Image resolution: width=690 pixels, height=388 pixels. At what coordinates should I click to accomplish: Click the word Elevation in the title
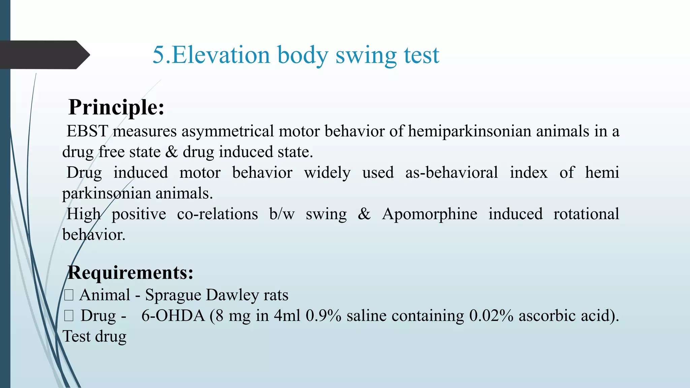221,55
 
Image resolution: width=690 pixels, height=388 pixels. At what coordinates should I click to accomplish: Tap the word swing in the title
366,56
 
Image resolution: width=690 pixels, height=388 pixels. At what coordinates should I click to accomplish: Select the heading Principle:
116,107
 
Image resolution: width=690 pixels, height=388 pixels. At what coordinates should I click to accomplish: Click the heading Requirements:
130,272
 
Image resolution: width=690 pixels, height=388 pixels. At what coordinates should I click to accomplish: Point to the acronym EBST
87,131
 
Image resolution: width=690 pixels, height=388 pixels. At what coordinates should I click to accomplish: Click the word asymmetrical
228,131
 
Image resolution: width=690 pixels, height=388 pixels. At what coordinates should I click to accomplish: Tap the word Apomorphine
430,214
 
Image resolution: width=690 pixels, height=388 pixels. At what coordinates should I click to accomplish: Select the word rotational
586,214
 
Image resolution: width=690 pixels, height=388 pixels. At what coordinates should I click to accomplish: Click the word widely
327,173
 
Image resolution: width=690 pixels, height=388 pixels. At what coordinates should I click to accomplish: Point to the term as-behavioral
451,173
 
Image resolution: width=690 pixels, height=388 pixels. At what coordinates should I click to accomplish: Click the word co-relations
217,214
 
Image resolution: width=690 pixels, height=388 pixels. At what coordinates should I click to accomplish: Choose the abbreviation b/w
282,214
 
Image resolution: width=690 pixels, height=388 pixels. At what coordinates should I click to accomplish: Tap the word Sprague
173,295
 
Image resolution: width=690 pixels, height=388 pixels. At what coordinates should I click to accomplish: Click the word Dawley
232,295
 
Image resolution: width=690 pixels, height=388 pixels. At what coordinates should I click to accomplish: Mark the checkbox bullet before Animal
69,295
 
